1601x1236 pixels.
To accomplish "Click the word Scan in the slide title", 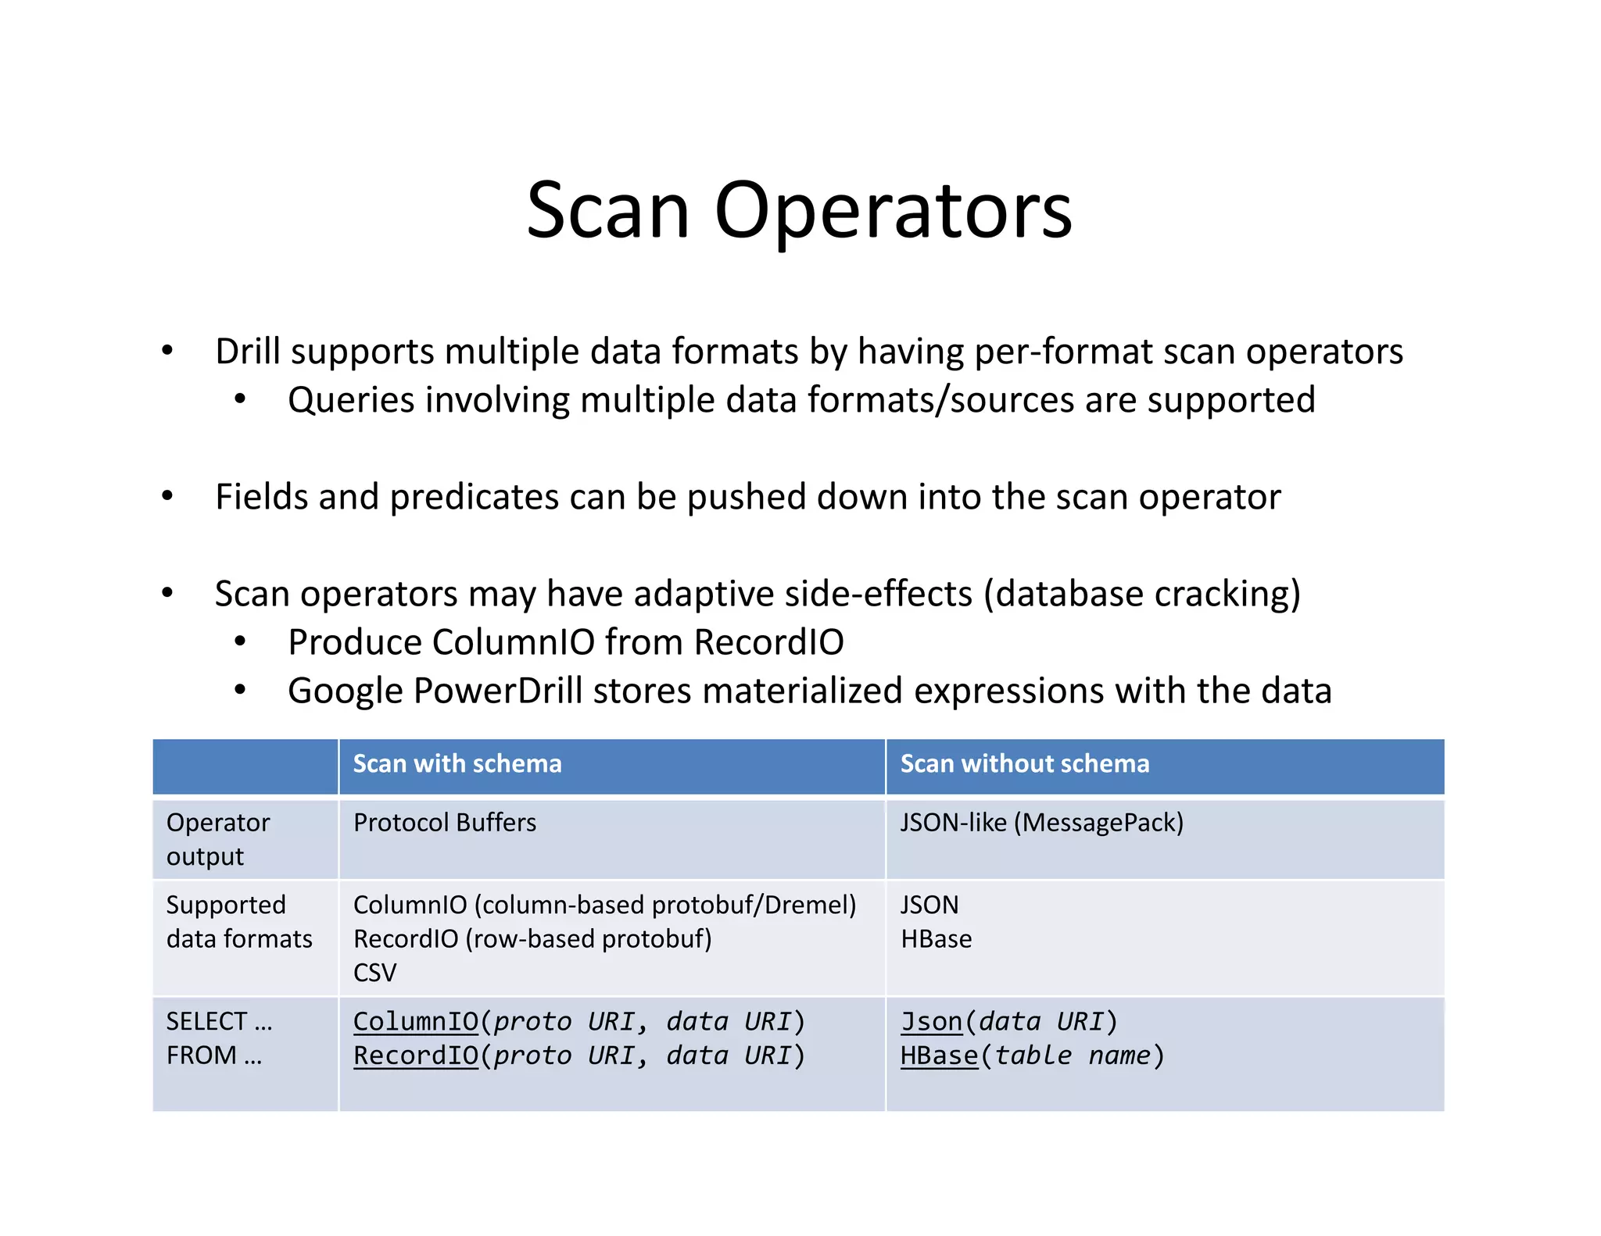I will point(608,211).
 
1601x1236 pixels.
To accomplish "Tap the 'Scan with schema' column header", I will point(457,763).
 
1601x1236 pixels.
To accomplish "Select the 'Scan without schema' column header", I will point(1024,763).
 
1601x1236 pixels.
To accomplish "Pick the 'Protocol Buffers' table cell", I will point(444,823).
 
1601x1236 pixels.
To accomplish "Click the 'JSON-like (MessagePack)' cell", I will point(1041,823).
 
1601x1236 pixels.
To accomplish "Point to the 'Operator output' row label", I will point(217,839).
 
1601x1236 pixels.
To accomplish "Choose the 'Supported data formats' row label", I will point(238,921).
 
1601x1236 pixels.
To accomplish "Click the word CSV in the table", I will point(374,973).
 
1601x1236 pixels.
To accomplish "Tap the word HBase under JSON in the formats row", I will point(936,938).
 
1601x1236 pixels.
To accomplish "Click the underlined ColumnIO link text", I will point(415,1021).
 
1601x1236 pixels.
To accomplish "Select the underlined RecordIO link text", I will point(415,1056).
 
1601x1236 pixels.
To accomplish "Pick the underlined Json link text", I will point(931,1021).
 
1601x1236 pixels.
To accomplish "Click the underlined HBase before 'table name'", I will point(939,1056).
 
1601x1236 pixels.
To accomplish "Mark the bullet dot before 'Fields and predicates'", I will point(167,496).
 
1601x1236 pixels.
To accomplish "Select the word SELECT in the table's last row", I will point(206,1021).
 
